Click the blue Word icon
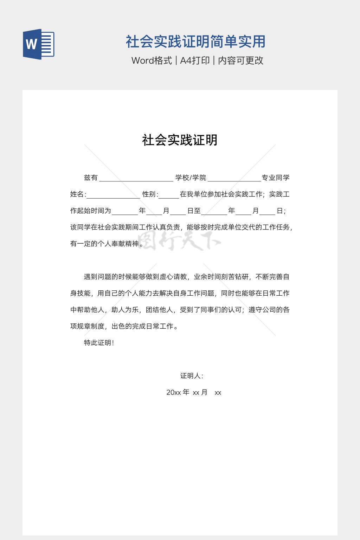[x=38, y=44]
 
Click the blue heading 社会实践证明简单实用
[x=195, y=41]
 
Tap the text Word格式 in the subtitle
[x=152, y=60]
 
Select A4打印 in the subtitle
[x=195, y=60]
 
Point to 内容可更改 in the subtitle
[x=241, y=60]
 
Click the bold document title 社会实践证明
[x=180, y=140]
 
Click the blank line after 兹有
[x=136, y=179]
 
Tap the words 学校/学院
[x=191, y=178]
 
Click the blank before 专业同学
[x=234, y=179]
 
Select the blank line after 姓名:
[x=113, y=195]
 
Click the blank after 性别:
[x=169, y=195]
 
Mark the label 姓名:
[x=78, y=194]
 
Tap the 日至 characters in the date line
[x=194, y=211]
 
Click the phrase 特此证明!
[x=99, y=343]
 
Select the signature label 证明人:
[x=192, y=376]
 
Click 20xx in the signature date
[x=173, y=392]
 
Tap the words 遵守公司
[x=262, y=310]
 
